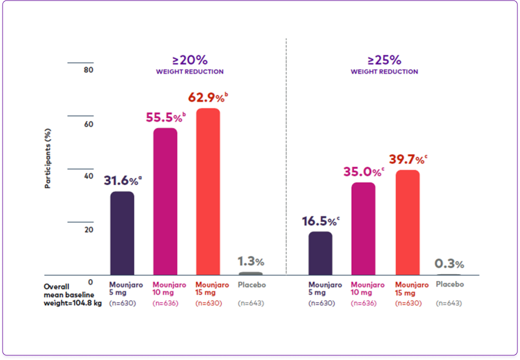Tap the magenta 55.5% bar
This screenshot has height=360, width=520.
point(165,201)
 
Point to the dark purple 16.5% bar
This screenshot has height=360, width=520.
point(320,253)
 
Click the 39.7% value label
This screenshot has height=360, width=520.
point(407,159)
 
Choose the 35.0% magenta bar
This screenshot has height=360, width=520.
point(363,229)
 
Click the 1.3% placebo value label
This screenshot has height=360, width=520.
point(250,261)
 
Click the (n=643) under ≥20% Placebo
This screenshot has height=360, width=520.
point(251,303)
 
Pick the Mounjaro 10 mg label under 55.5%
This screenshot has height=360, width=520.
point(169,289)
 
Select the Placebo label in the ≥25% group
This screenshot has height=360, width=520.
point(450,284)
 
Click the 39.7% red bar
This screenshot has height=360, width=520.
point(407,222)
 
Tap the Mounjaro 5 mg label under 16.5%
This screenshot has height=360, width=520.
point(324,289)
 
